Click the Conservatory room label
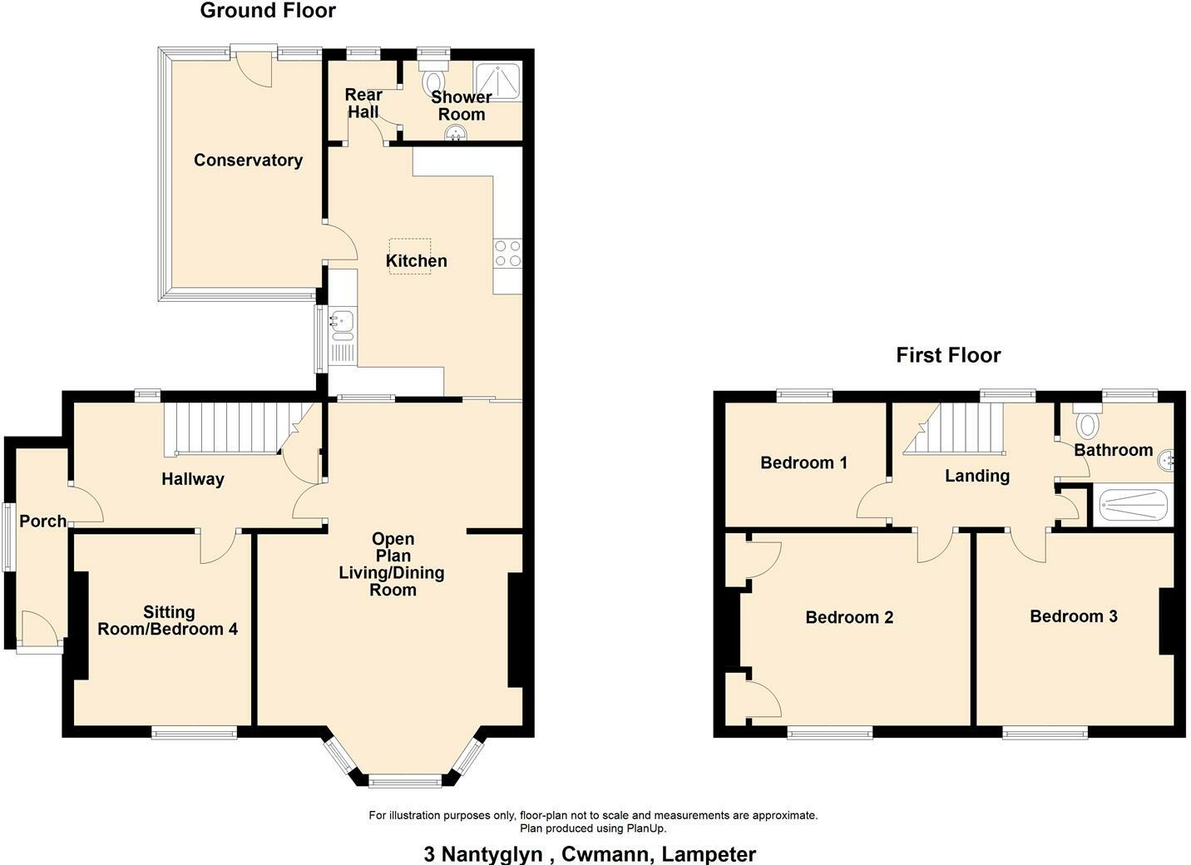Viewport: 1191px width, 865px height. [248, 161]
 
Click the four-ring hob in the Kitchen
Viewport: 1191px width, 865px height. [507, 254]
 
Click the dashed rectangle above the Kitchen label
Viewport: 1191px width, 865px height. [410, 245]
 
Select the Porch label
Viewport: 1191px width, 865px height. [42, 521]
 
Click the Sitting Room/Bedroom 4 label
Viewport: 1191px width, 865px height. [168, 620]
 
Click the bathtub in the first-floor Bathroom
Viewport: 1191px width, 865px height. [1134, 503]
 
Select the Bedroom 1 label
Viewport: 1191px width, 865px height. [803, 462]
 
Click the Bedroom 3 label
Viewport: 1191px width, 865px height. [1073, 616]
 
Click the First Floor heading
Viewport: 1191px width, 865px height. [948, 355]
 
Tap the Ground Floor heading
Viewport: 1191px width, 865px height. [268, 11]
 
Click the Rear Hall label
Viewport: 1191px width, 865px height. [363, 103]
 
